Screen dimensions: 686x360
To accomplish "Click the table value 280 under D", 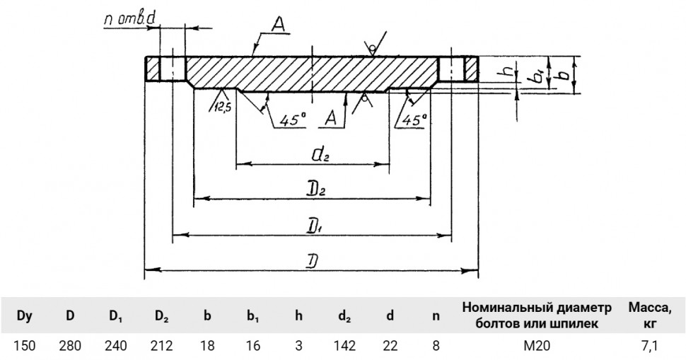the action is [x=70, y=346].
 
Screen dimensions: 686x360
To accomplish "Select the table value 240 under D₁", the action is [x=116, y=346].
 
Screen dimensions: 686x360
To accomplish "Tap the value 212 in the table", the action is [x=161, y=346].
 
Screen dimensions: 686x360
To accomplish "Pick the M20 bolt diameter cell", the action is [x=537, y=346].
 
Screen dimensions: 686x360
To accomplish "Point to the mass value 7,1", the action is [x=650, y=347].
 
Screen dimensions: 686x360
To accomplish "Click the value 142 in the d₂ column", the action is [x=344, y=346].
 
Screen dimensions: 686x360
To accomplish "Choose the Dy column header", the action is [x=25, y=316].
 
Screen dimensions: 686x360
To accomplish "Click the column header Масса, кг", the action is [x=650, y=316].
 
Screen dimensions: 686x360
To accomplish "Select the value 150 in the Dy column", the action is [x=25, y=346].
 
